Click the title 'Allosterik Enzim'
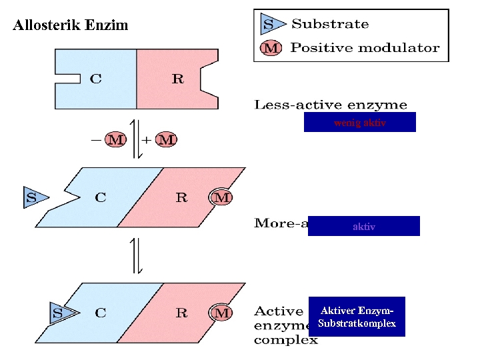point(71,26)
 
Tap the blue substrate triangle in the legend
point(269,25)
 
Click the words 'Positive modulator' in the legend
point(365,48)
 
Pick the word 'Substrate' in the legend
point(330,25)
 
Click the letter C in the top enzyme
point(96,79)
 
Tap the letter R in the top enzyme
point(177,79)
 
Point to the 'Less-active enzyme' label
point(330,105)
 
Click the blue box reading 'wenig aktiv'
point(359,123)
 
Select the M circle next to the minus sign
point(115,140)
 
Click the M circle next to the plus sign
point(167,140)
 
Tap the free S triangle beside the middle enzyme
point(33,197)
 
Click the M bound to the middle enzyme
point(222,197)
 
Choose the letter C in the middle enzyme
point(101,197)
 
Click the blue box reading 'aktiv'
point(363,227)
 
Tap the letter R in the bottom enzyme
point(181,312)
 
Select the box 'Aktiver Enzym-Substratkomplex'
point(357,317)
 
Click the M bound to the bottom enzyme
point(222,312)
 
